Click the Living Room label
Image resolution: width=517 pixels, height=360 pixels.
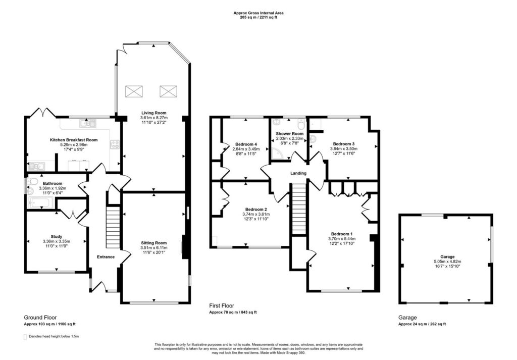coord(154,113)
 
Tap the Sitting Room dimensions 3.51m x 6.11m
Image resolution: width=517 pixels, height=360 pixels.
coord(154,247)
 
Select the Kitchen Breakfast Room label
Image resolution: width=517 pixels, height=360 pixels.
coord(74,140)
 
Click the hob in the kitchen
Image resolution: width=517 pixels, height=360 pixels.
coord(115,144)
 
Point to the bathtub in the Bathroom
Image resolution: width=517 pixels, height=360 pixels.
coord(41,202)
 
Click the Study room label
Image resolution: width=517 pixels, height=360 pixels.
coord(57,236)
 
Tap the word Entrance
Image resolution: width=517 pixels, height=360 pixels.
coord(106,257)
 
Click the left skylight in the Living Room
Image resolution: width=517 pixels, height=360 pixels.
coord(134,91)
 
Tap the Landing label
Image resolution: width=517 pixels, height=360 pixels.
coord(298,173)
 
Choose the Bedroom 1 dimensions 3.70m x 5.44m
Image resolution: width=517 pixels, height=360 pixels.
coord(342,239)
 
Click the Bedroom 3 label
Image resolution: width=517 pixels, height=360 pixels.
coord(343,144)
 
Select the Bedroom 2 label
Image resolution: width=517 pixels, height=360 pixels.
coord(256,210)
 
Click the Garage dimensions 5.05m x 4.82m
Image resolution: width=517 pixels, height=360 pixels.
coord(447,262)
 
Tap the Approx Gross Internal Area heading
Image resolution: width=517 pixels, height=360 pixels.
coord(258,13)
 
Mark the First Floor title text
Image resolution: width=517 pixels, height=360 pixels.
coord(222,305)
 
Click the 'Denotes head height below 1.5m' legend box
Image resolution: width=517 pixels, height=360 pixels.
coord(25,337)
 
